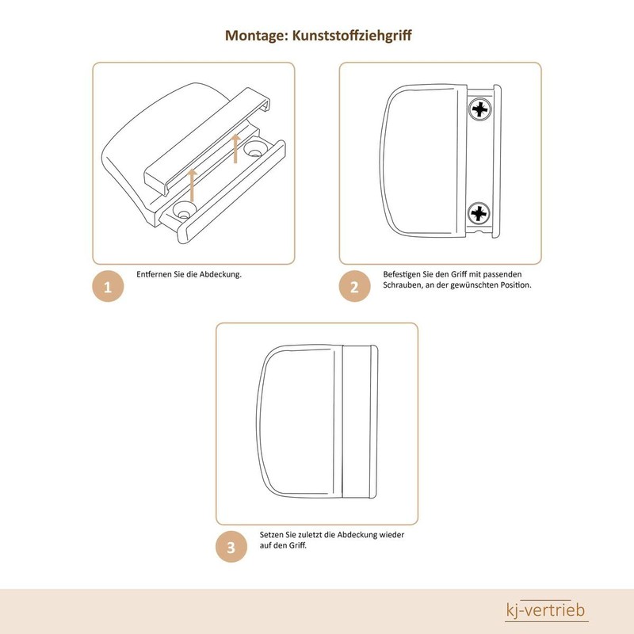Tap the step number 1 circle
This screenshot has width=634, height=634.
coord(109,287)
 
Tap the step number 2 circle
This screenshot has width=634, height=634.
coord(355,287)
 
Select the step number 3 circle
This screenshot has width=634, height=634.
coord(231,547)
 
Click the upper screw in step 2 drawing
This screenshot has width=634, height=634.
coord(479,110)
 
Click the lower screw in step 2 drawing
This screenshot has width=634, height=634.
coord(479,212)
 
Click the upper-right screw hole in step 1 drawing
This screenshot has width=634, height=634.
coord(255,148)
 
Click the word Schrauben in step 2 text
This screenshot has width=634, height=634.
coord(402,285)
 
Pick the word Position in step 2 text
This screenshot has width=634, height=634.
coord(514,285)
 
